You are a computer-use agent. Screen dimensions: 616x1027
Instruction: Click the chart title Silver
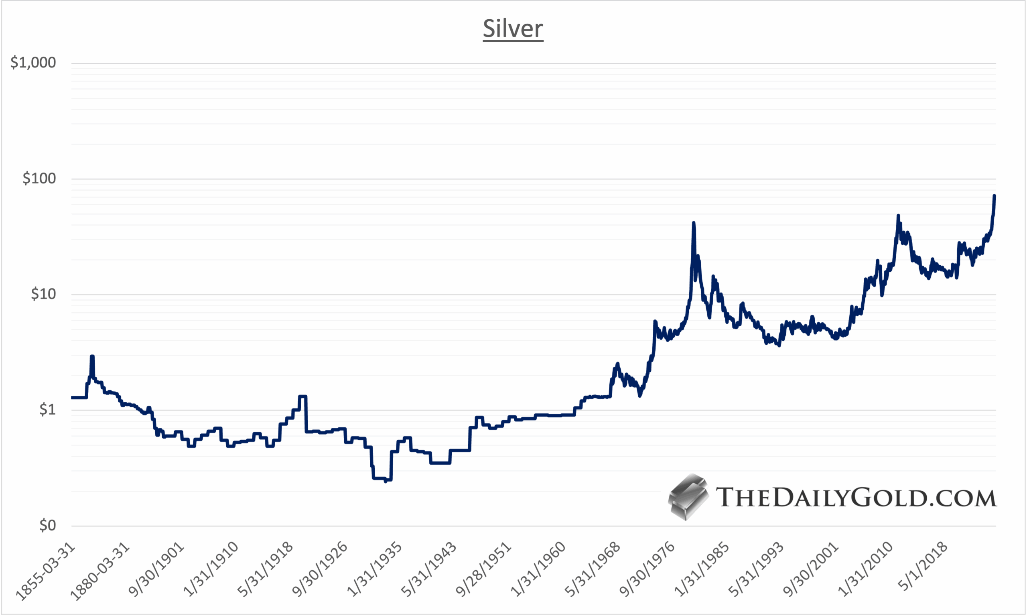[x=513, y=28]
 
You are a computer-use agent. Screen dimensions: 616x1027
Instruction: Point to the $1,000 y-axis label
[x=33, y=63]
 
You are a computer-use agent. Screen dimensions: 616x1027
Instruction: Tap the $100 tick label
[x=39, y=179]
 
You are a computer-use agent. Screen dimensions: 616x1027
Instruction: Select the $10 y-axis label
[x=43, y=294]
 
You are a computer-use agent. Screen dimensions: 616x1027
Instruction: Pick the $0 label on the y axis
[x=47, y=526]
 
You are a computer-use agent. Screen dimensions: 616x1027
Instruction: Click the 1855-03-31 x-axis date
[x=46, y=571]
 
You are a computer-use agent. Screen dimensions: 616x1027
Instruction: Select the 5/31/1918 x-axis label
[x=265, y=569]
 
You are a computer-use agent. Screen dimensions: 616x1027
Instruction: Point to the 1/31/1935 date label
[x=374, y=569]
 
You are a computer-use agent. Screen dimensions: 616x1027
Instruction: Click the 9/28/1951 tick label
[x=483, y=569]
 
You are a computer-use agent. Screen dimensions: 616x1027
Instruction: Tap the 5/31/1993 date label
[x=756, y=569]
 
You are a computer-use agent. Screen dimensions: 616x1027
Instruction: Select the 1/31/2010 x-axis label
[x=865, y=569]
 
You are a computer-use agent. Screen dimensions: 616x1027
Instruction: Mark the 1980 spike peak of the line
[x=693, y=223]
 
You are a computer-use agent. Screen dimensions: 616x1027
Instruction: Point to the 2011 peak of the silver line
[x=898, y=216]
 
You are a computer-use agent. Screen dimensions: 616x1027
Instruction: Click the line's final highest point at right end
[x=994, y=195]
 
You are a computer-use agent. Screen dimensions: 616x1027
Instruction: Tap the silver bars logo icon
[x=688, y=496]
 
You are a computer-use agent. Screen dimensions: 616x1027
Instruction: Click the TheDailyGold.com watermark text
[x=856, y=497]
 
